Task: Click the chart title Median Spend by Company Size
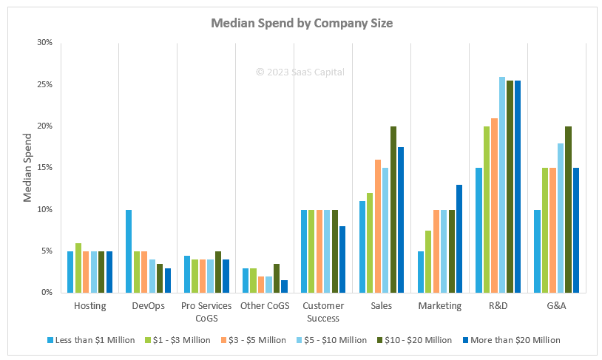tap(302, 23)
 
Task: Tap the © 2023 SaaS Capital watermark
tap(300, 72)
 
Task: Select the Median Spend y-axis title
tap(27, 168)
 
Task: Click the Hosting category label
tap(90, 306)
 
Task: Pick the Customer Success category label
tap(322, 312)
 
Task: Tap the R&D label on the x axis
tap(498, 306)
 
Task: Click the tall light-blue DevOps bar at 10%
tap(129, 251)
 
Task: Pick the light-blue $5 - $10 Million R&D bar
tap(502, 185)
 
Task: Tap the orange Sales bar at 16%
tap(378, 226)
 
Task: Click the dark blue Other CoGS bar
tap(284, 286)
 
